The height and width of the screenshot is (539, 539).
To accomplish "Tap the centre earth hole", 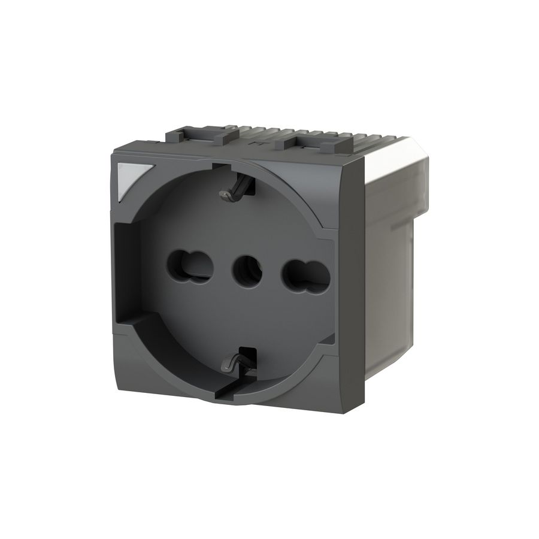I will [247, 270].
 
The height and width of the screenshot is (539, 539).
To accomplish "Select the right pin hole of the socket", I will [305, 275].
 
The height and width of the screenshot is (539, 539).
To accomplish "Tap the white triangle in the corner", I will [131, 178].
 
